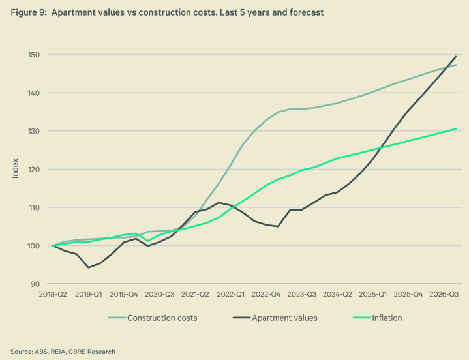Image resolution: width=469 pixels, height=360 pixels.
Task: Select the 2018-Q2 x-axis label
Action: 53,294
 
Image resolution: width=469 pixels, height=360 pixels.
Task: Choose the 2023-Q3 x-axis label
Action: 303,294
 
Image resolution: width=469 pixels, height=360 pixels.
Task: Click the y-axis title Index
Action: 15,170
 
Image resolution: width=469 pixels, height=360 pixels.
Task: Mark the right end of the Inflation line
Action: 456,128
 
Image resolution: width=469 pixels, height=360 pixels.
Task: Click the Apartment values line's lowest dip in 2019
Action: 88,267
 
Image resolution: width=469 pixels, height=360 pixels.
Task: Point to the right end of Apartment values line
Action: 456,56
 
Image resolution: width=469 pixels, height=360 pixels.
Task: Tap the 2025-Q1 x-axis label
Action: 372,294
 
